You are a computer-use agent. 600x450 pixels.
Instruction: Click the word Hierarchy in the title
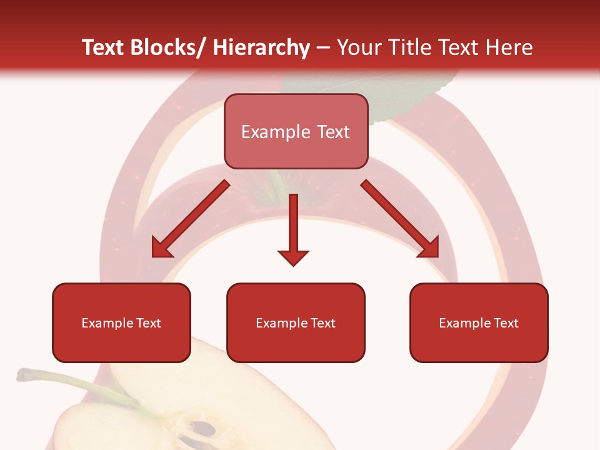click(x=261, y=47)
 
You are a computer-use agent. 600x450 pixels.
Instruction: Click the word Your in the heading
click(x=359, y=47)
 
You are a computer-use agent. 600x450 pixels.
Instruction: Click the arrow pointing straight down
click(x=293, y=225)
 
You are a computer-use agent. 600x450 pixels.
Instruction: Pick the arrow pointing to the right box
click(x=400, y=219)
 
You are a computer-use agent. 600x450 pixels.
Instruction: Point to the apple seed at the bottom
click(x=204, y=429)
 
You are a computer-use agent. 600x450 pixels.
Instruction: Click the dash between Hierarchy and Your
click(x=323, y=48)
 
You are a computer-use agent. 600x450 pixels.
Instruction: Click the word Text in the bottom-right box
click(x=506, y=323)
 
